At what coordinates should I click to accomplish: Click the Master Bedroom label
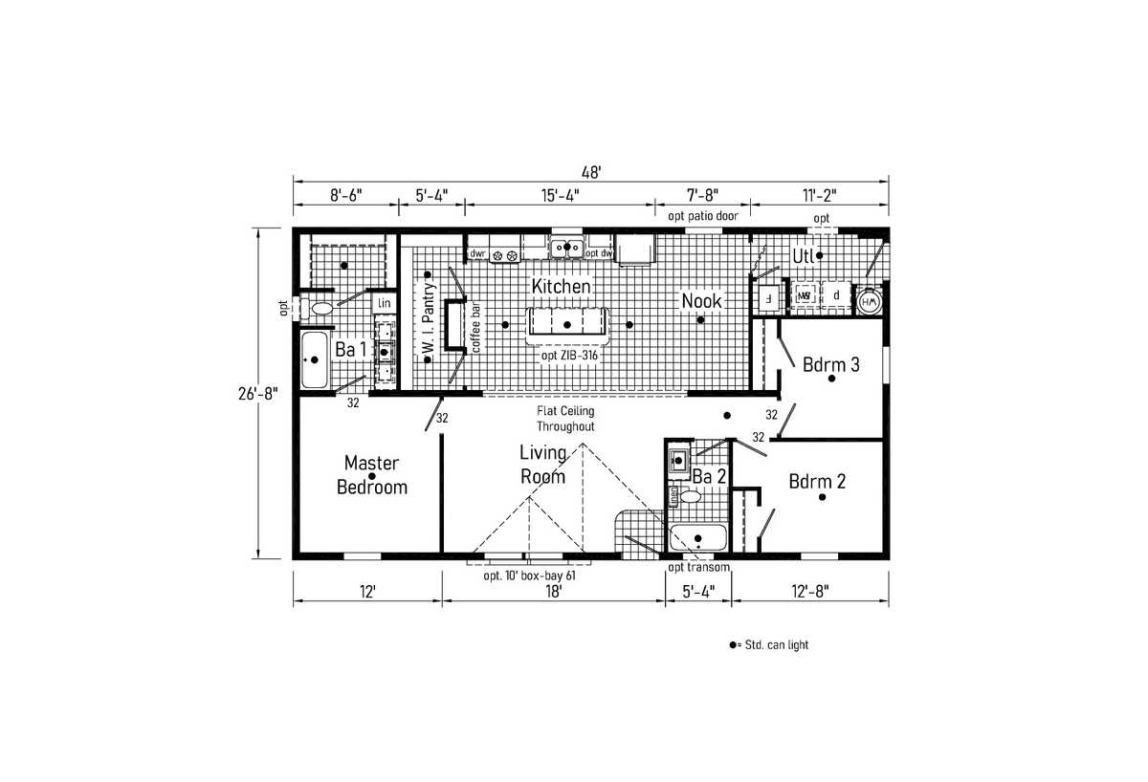(x=371, y=475)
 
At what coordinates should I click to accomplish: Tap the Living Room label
(x=542, y=465)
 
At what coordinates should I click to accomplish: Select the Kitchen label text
(x=561, y=286)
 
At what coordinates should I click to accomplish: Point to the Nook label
(x=701, y=301)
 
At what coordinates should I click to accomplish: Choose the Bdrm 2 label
(x=817, y=481)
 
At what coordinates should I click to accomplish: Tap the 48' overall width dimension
(x=590, y=172)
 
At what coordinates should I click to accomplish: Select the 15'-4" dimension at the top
(x=560, y=195)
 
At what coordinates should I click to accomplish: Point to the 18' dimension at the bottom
(x=553, y=592)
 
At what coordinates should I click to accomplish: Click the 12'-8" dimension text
(x=809, y=592)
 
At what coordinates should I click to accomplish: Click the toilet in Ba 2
(x=687, y=495)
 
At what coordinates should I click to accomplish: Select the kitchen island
(x=566, y=324)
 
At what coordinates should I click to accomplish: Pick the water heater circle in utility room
(x=870, y=301)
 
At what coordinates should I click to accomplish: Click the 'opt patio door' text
(x=702, y=216)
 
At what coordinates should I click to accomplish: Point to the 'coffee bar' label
(x=475, y=329)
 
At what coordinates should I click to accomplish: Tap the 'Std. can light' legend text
(x=773, y=645)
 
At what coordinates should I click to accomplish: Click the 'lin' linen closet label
(x=384, y=303)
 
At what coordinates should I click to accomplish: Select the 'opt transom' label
(x=699, y=568)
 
